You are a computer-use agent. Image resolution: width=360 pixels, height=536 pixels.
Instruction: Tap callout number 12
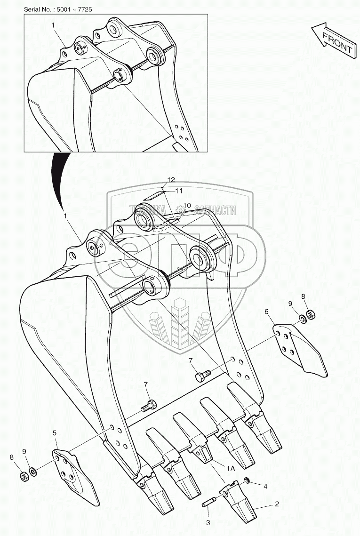pos(171,179)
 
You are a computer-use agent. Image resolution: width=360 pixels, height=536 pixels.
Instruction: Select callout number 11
pos(179,191)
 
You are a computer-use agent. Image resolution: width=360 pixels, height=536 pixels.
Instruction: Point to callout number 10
pos(187,205)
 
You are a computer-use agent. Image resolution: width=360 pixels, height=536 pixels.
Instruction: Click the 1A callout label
pos(231,469)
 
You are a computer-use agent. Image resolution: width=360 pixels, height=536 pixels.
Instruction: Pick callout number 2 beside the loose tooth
pos(277,504)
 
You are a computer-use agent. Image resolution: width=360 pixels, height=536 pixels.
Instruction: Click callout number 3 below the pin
pos(208,523)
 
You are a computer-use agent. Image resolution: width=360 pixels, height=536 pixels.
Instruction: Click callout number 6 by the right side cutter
pos(267,311)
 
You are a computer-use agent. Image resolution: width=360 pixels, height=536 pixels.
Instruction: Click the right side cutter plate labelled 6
pos(299,350)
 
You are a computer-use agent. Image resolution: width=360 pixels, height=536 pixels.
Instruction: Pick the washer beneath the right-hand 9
pos(302,319)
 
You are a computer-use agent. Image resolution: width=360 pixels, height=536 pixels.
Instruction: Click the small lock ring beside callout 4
pos(246,481)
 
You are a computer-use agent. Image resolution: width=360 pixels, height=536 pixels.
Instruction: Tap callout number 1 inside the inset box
pos(53,25)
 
